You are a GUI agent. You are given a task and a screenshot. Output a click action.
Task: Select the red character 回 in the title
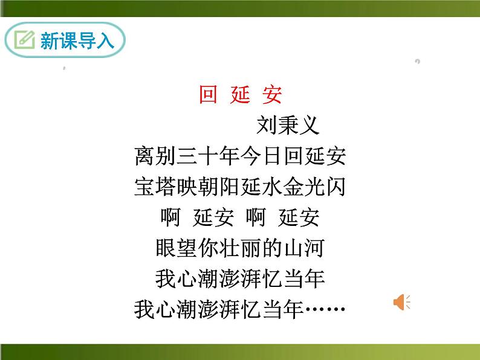tap(208, 95)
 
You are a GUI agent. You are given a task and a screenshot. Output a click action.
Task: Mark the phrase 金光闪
tap(314, 187)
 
